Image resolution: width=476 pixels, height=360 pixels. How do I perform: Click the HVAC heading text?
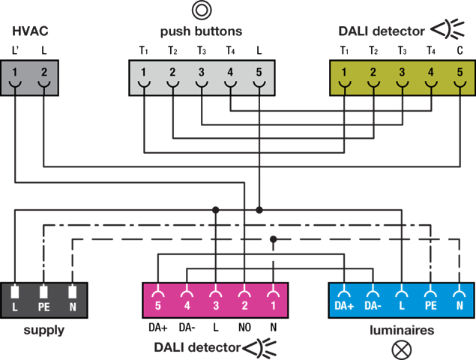(x=31, y=31)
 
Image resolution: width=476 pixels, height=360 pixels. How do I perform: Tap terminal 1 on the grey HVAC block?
(x=16, y=73)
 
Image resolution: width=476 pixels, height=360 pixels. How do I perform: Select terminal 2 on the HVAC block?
(x=44, y=73)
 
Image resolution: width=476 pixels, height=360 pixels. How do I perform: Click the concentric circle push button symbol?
(x=201, y=10)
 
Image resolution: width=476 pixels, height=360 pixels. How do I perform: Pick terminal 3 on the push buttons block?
(x=201, y=73)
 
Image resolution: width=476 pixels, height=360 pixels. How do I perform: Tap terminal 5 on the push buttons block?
(x=259, y=73)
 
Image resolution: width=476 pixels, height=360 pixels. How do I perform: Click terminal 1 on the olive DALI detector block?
(x=344, y=73)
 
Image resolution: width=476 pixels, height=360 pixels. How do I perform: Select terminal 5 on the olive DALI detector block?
(x=460, y=73)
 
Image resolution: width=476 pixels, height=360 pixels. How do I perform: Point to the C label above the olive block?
(x=460, y=51)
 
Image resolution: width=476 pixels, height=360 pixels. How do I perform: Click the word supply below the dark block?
(x=43, y=329)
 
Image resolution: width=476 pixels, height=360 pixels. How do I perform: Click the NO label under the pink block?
(x=244, y=328)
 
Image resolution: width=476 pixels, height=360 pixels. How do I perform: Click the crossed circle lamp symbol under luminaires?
(x=402, y=348)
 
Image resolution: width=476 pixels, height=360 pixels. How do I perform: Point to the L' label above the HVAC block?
(x=16, y=51)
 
